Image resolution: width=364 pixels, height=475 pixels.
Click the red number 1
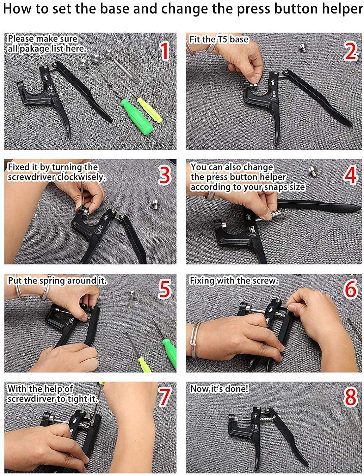[165, 51]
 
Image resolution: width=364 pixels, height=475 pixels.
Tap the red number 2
[351, 51]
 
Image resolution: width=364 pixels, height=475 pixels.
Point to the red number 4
[351, 175]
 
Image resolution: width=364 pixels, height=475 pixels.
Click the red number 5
[164, 289]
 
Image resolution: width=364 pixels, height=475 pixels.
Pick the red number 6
[351, 289]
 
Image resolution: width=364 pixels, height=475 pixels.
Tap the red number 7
[164, 397]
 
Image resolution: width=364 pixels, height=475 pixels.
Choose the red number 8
[351, 397]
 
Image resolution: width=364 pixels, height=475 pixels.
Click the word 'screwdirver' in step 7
[32, 399]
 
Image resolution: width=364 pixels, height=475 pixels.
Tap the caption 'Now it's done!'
[219, 389]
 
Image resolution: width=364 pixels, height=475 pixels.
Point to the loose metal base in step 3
[156, 204]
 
